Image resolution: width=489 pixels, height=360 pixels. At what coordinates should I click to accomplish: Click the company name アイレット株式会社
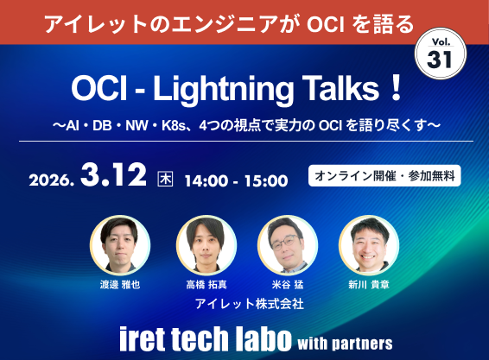244,303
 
